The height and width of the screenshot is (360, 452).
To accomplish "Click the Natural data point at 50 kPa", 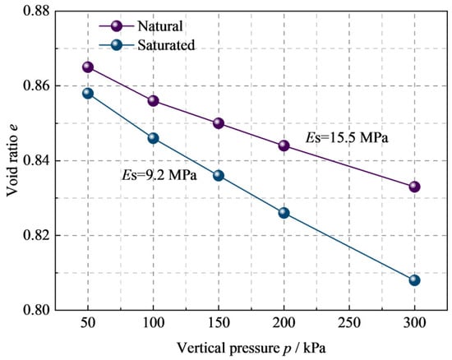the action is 88,67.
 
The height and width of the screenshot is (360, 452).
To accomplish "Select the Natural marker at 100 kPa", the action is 153,100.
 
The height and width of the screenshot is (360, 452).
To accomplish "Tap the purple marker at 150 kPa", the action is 219,123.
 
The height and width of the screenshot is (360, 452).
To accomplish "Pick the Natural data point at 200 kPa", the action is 284,145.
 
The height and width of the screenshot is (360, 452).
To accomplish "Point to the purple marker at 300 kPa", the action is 414,187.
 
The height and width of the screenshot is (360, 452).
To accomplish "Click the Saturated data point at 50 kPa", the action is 88,94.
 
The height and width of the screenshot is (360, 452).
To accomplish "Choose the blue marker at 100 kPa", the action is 153,138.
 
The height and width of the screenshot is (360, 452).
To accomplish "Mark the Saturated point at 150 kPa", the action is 219,175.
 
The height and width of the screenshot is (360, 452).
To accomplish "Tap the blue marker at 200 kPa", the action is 284,213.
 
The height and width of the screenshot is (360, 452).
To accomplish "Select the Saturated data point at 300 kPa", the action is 414,280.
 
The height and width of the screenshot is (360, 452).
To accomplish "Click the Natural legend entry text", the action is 160,26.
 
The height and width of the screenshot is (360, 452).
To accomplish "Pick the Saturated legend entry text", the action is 166,45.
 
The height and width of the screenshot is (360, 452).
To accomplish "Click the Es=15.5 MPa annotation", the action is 347,138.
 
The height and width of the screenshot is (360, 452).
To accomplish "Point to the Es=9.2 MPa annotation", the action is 159,175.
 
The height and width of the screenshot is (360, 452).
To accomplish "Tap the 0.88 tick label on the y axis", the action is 36,11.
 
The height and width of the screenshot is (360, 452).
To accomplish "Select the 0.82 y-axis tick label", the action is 36,235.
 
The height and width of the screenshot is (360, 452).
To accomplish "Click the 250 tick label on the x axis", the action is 349,322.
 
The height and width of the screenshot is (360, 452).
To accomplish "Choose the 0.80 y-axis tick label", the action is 36,310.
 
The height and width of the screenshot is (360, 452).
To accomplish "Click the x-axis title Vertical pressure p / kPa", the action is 251,348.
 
